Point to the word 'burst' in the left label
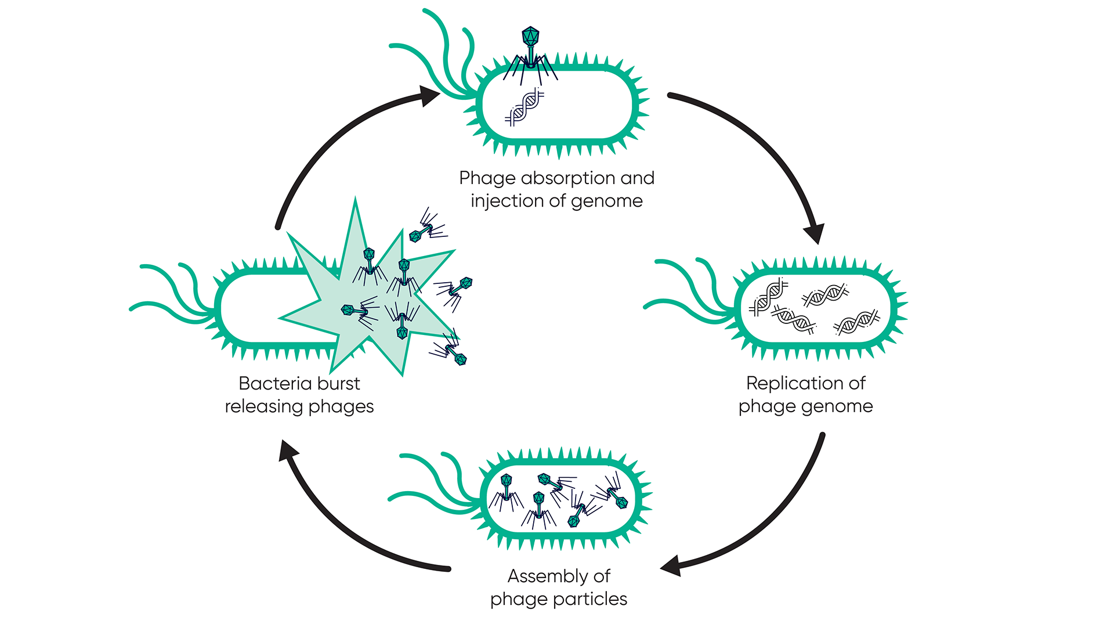339,383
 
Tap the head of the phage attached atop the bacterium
530,37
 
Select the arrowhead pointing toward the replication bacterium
815,233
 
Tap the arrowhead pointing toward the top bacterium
429,96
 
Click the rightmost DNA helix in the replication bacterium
856,322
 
